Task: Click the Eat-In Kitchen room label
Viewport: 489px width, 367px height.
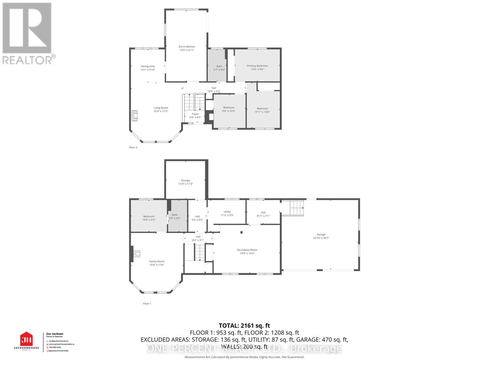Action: (187, 47)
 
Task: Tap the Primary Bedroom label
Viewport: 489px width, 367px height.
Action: (257, 66)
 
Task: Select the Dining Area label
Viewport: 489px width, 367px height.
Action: (148, 66)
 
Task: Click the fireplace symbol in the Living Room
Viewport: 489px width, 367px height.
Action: (134, 116)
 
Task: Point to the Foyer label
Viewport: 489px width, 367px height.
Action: (195, 114)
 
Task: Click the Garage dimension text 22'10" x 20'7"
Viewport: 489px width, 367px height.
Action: (321, 238)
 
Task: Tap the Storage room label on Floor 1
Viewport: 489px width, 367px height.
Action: (185, 180)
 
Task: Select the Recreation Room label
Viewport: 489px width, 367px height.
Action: (247, 250)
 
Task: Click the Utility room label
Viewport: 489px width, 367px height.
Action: (227, 212)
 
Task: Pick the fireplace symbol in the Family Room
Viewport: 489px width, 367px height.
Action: (136, 254)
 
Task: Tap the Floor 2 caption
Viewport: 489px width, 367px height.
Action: (133, 147)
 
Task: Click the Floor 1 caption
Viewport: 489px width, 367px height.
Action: (147, 304)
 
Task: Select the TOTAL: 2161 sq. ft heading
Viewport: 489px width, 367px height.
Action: (244, 326)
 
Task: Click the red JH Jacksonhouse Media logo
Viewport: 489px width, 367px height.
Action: (26, 339)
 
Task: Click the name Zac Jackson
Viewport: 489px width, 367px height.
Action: (55, 334)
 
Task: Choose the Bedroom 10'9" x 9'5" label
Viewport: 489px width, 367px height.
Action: (149, 217)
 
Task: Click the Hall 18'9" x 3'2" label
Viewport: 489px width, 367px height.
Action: (214, 88)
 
